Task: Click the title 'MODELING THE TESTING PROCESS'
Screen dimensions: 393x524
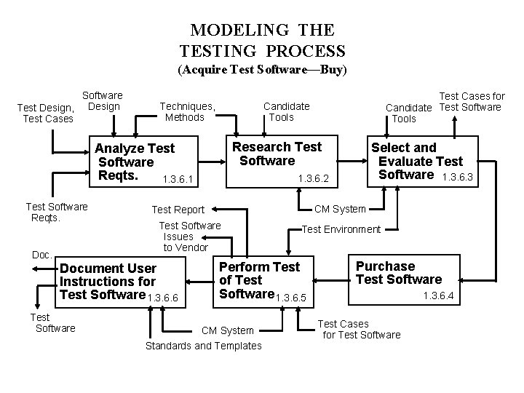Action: click(x=262, y=41)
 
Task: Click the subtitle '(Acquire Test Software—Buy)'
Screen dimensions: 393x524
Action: click(x=263, y=71)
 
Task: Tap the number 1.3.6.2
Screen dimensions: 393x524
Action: click(x=314, y=178)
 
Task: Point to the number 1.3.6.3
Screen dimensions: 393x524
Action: click(x=458, y=175)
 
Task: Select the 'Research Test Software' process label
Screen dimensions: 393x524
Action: click(x=277, y=154)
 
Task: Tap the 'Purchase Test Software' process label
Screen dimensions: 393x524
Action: click(x=398, y=273)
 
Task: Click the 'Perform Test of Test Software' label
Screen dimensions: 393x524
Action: click(x=258, y=280)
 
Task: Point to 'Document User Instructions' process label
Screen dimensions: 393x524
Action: click(x=108, y=282)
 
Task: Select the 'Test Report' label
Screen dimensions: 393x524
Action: click(x=178, y=210)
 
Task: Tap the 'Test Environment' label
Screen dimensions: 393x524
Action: click(x=341, y=229)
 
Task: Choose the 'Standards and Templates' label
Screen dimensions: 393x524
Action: click(x=203, y=346)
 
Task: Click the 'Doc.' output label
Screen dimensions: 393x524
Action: click(x=41, y=255)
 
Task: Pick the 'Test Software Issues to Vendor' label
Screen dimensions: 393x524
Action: click(x=188, y=237)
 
